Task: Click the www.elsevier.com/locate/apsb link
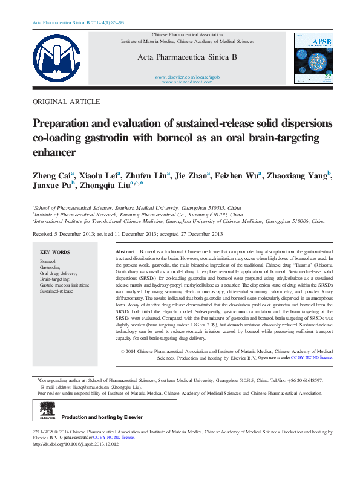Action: pos(187,77)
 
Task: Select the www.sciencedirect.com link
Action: pos(187,82)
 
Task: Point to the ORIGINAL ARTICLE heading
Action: pos(66,102)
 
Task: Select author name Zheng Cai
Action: pos(52,176)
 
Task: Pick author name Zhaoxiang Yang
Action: pos(298,176)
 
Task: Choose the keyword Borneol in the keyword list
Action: pos(48,261)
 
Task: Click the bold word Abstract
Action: pos(125,251)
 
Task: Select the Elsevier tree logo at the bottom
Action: pos(44,412)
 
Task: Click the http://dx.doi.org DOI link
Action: pos(76,444)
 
